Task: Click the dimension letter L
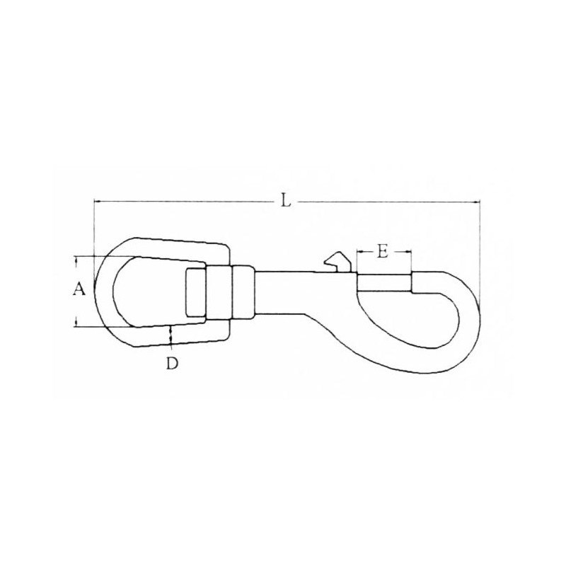(284, 201)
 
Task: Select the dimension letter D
(171, 364)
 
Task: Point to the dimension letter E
(382, 251)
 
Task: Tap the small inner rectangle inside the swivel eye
(195, 292)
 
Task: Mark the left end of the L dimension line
(94, 202)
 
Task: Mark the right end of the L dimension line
(480, 202)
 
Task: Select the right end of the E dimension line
(410, 251)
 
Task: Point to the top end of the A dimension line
(76, 257)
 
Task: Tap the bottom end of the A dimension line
(76, 326)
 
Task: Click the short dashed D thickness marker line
(171, 338)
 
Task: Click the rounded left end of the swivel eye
(100, 291)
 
